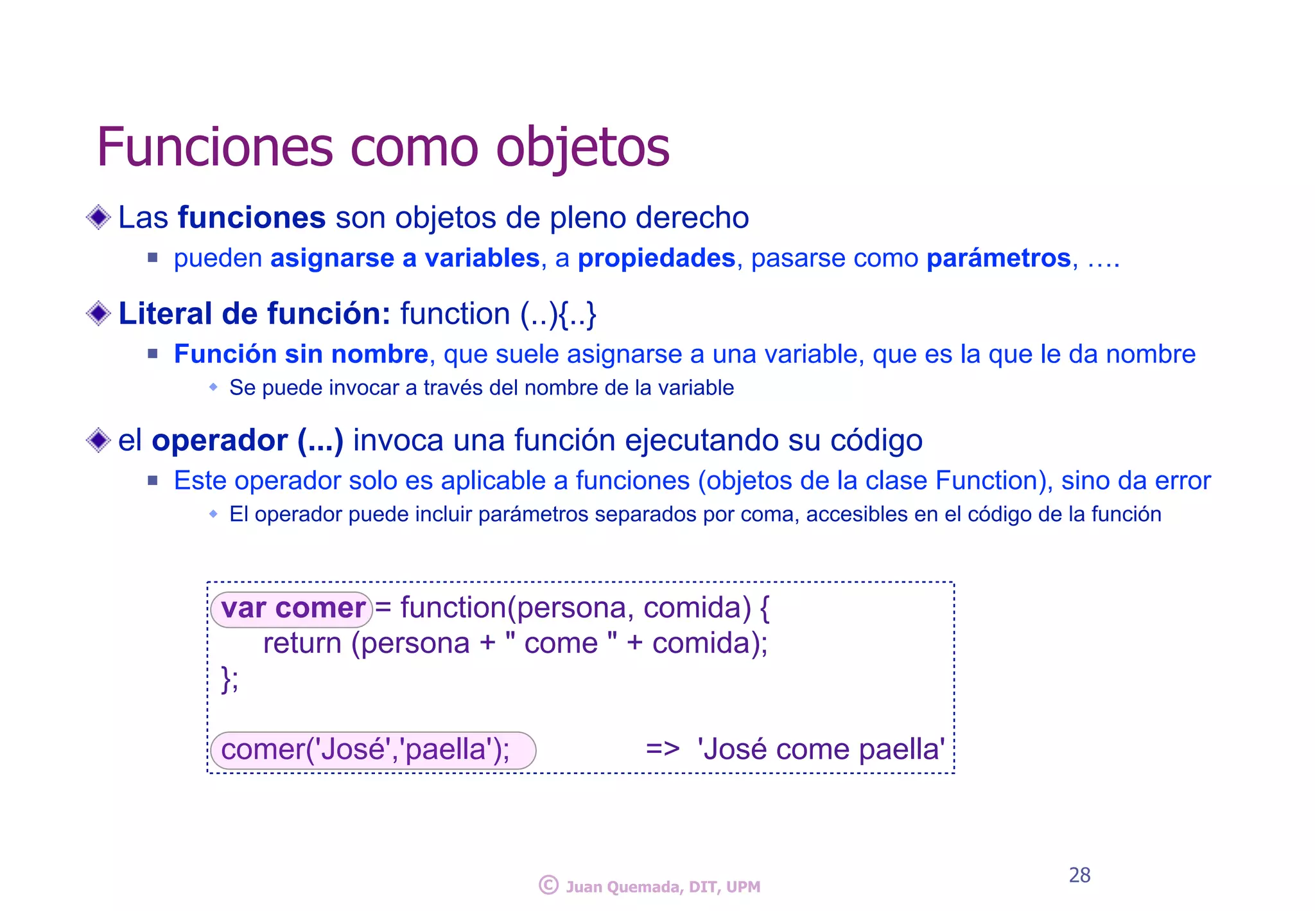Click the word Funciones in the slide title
(214, 147)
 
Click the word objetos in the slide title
(582, 147)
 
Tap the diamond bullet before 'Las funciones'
(98, 217)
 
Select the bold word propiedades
(656, 258)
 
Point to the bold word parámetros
(998, 258)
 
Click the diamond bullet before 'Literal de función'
(98, 314)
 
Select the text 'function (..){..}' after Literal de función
(498, 314)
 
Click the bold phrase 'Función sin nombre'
(300, 354)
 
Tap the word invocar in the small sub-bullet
(361, 388)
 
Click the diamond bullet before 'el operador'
(98, 440)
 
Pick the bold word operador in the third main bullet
(220, 440)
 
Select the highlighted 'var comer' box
(292, 608)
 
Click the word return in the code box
(302, 643)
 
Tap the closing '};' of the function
(229, 678)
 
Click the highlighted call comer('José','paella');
(372, 750)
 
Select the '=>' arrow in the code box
(662, 749)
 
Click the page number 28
(1079, 875)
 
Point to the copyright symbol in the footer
(548, 885)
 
